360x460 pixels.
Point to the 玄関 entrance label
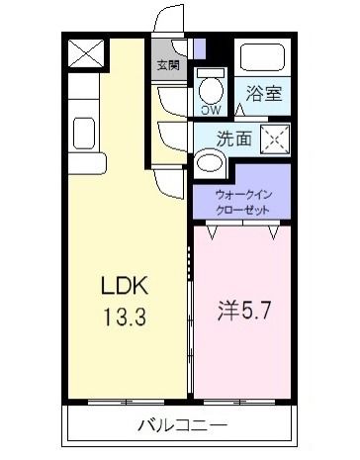167,66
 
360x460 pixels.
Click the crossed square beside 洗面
273,139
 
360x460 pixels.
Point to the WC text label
211,110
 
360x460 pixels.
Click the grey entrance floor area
168,49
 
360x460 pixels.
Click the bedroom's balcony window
243,403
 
